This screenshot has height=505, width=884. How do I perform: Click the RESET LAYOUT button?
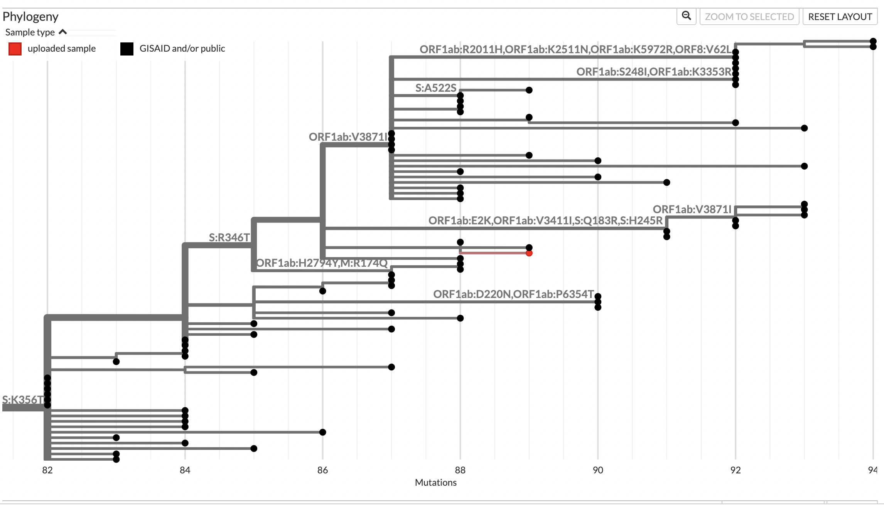[840, 17]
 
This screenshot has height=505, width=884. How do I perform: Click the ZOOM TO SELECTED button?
[749, 17]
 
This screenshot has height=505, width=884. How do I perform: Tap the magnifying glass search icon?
[686, 16]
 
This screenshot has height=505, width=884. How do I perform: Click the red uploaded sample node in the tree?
[529, 253]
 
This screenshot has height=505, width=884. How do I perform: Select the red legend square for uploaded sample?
[15, 49]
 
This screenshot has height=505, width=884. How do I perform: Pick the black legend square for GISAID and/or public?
[127, 49]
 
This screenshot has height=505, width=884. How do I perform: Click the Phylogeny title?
[30, 17]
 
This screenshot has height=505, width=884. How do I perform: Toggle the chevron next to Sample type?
[63, 32]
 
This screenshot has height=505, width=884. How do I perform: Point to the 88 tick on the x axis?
[460, 470]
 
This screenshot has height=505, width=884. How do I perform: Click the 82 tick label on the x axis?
[47, 470]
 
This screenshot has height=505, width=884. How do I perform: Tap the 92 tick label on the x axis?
[736, 470]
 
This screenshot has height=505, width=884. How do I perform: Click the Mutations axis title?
[435, 483]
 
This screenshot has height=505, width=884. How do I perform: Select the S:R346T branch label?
[229, 237]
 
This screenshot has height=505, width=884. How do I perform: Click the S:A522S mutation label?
[435, 88]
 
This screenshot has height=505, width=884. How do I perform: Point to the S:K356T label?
[23, 399]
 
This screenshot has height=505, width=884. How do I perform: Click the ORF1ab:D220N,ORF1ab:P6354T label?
[513, 294]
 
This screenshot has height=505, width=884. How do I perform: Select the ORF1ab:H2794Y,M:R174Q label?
[322, 263]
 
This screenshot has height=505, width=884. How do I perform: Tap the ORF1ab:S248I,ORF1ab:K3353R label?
[654, 72]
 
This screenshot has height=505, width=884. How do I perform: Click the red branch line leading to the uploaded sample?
[494, 253]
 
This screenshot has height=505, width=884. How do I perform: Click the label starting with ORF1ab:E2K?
[545, 221]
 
